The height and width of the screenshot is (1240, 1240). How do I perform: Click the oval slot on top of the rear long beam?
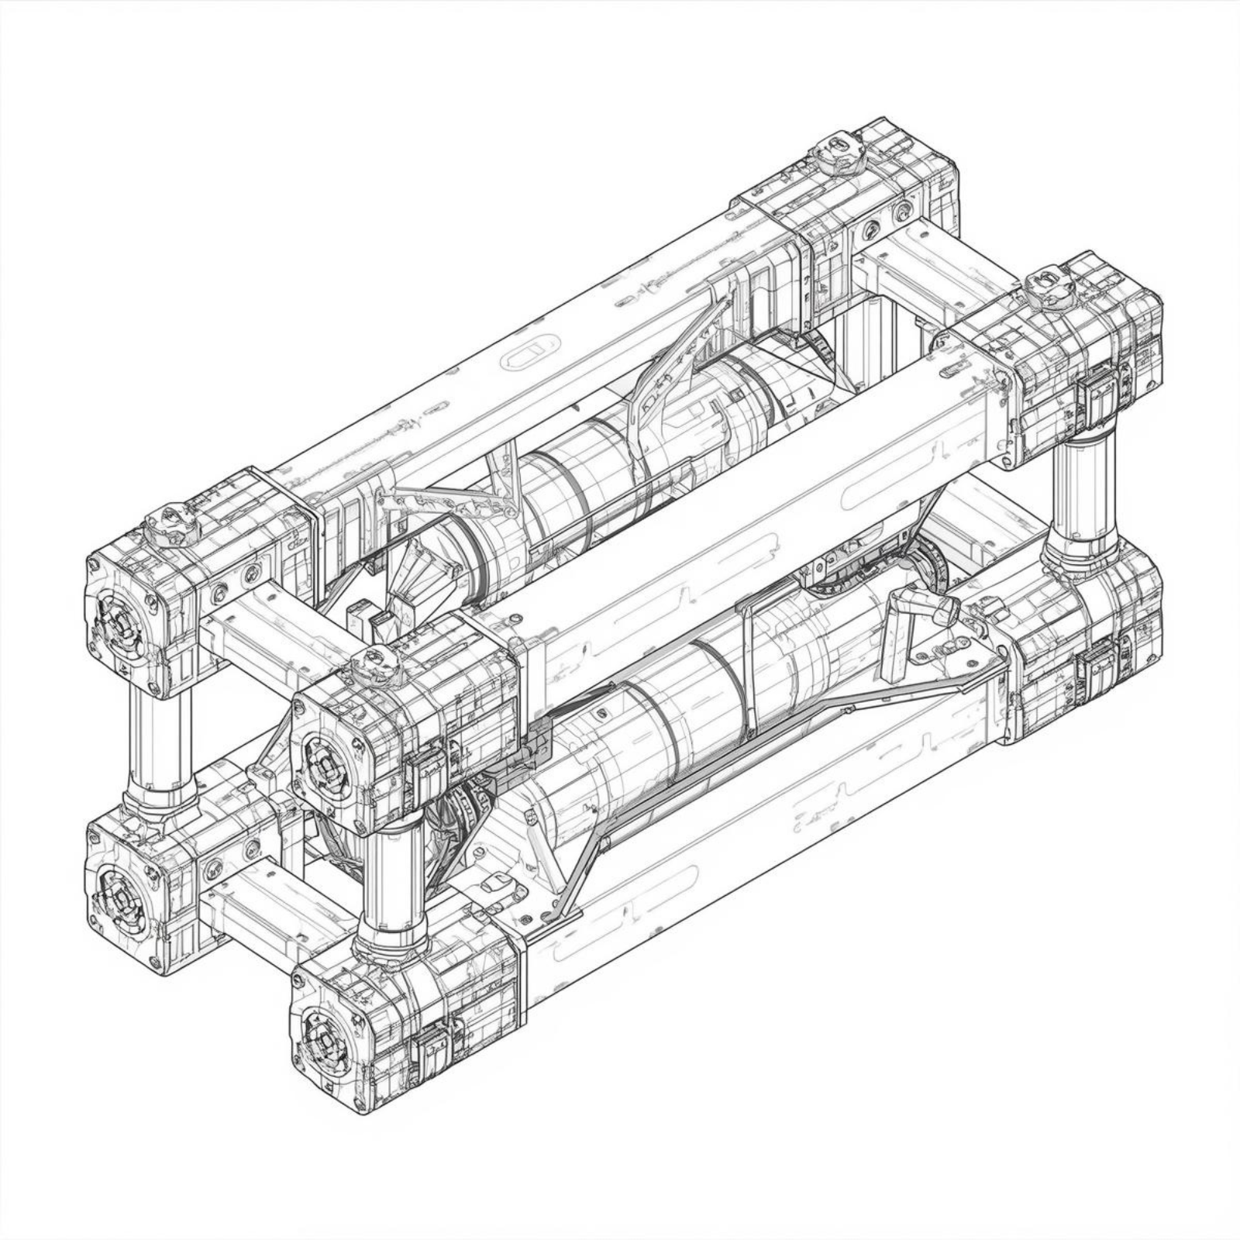point(531,353)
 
